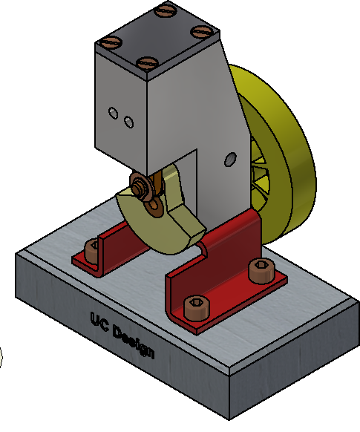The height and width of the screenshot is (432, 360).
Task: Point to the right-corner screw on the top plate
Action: point(200,31)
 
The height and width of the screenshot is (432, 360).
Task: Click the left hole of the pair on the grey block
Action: point(114,113)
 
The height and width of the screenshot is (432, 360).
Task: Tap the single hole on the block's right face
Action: point(229,158)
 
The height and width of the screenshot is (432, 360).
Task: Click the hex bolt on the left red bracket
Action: point(93,249)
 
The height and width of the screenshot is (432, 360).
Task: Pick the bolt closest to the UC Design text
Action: point(197,306)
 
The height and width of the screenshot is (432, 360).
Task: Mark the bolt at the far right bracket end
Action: point(260,270)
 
